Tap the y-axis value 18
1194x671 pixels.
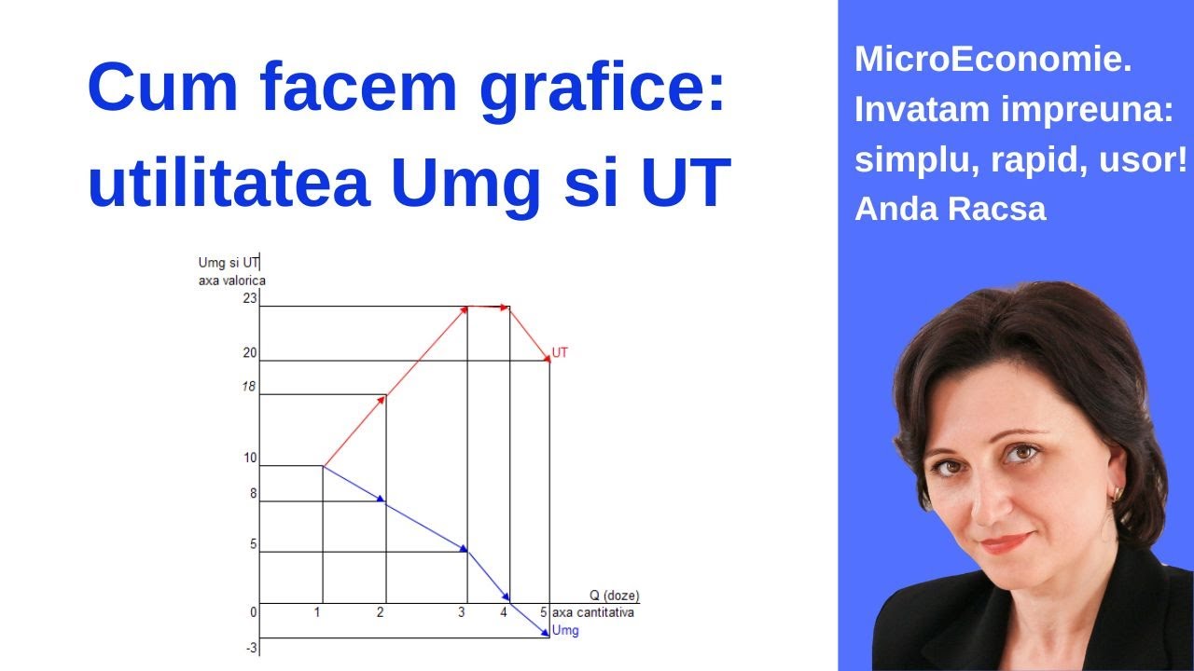click(x=248, y=386)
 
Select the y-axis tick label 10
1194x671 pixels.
click(x=249, y=458)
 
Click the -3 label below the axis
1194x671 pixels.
click(x=251, y=646)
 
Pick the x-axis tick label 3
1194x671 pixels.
click(x=462, y=612)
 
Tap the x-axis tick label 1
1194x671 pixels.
click(x=318, y=612)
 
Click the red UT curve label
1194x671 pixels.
click(x=560, y=353)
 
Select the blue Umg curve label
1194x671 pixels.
click(x=565, y=631)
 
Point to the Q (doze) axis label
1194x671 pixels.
click(x=614, y=596)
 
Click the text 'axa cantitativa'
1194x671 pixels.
click(x=593, y=612)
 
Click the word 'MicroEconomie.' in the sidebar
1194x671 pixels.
click(x=993, y=61)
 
